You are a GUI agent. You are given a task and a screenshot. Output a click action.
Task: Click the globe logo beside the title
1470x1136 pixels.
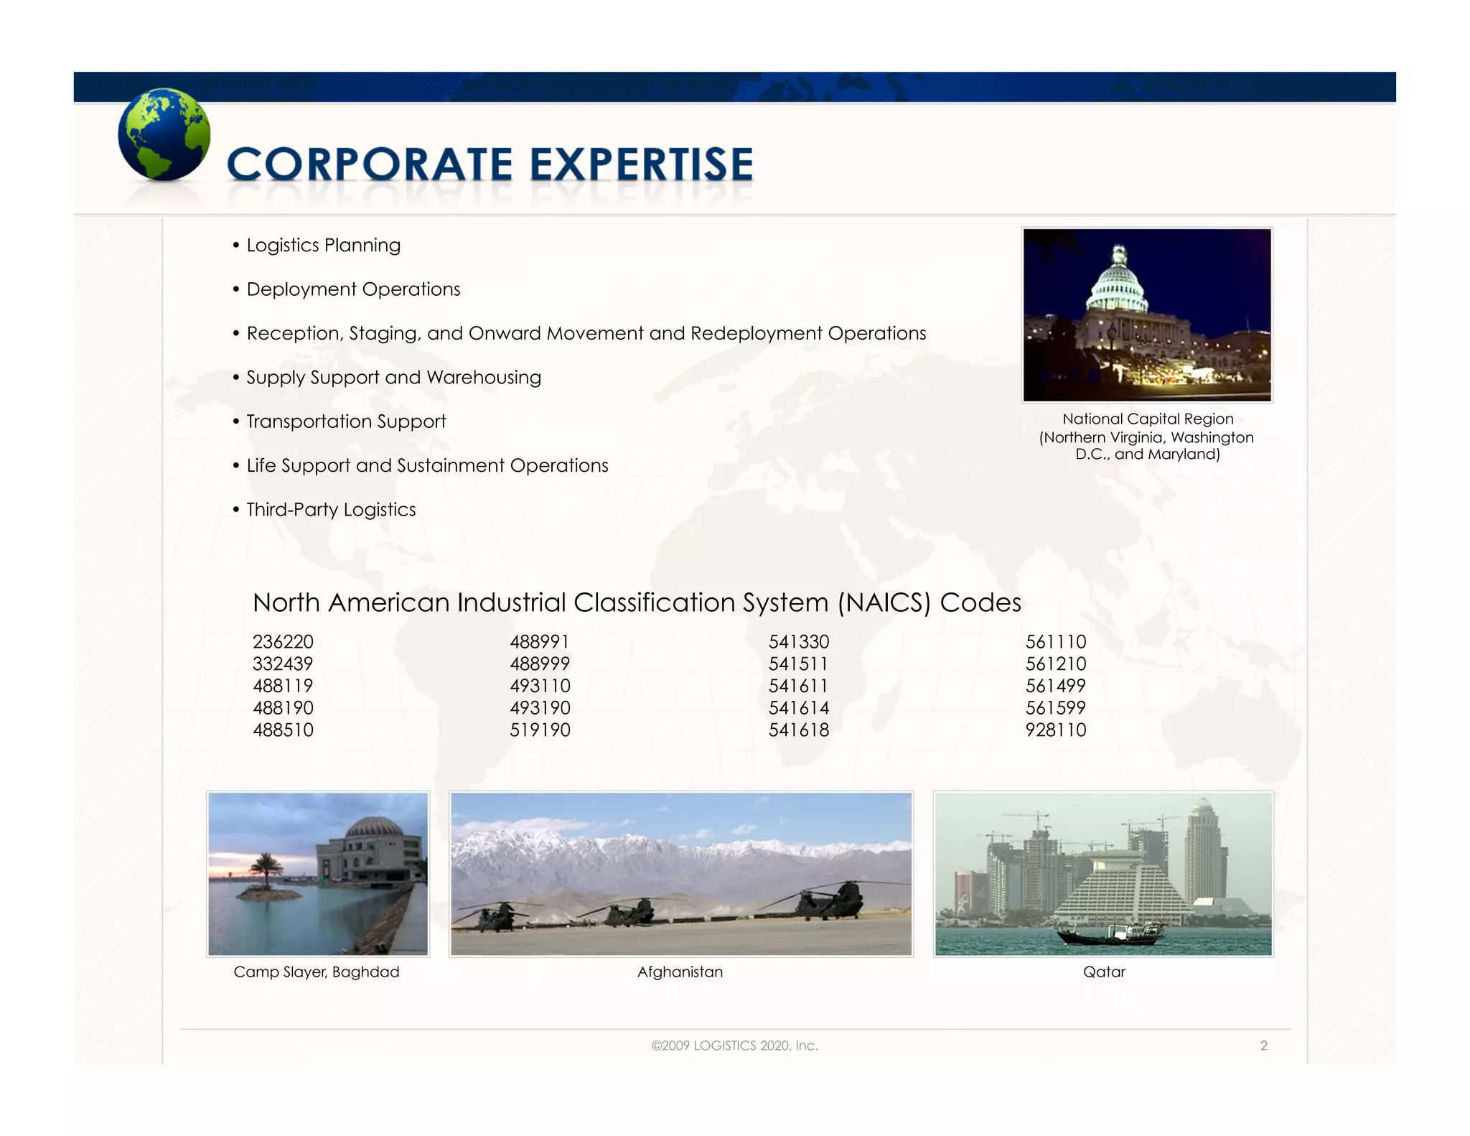pos(164,134)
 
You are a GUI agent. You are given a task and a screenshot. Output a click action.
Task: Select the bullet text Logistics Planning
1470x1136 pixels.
pos(323,245)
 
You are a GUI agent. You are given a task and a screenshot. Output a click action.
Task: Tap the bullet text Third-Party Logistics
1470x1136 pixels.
pos(331,509)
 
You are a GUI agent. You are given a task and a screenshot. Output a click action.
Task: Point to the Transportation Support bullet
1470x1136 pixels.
pos(346,422)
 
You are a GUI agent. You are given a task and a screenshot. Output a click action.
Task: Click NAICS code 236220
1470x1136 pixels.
pos(283,641)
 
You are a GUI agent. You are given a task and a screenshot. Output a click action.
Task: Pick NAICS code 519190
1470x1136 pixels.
pos(540,730)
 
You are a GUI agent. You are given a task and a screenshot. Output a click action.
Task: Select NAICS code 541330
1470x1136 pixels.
pos(798,641)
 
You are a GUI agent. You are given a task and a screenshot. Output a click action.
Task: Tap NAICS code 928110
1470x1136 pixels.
pos(1055,730)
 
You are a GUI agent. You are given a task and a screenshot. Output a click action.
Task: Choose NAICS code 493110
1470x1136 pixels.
pos(540,686)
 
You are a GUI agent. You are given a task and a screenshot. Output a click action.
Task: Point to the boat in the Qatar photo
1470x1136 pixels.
pos(1110,934)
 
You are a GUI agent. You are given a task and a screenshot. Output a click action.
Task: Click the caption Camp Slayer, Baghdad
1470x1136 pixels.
pos(317,972)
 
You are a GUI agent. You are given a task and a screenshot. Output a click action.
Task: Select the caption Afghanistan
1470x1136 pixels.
pos(680,972)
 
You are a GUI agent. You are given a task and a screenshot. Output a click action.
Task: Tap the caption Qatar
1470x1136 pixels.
pos(1104,972)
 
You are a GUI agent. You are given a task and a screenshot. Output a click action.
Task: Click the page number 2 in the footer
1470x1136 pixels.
pos(1263,1046)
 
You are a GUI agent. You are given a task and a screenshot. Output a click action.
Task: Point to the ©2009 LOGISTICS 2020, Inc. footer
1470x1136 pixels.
pos(734,1046)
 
